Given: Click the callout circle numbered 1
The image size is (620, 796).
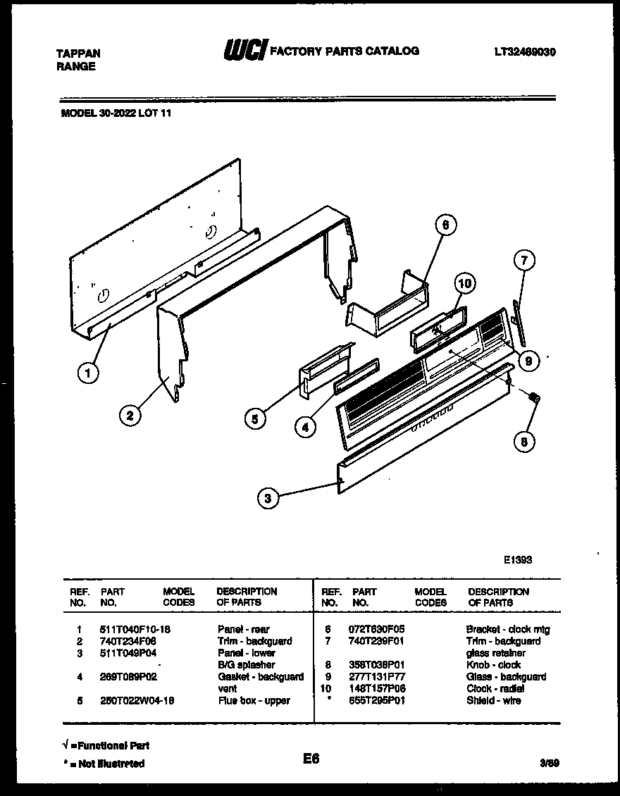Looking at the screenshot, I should (x=88, y=375).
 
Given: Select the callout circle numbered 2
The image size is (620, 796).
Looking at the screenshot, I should (x=128, y=416).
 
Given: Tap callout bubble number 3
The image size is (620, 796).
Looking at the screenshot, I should (x=267, y=499).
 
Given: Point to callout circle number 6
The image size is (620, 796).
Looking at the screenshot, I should (x=444, y=225).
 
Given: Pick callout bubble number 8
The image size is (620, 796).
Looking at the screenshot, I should (x=523, y=442).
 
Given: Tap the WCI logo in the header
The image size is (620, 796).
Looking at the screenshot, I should (x=244, y=51).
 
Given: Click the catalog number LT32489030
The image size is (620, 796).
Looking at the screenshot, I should (x=525, y=52).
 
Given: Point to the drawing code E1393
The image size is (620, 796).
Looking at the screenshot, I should (x=517, y=561).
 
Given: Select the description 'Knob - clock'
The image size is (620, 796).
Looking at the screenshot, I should (x=493, y=665).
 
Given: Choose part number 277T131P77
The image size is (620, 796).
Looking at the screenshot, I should (x=378, y=677).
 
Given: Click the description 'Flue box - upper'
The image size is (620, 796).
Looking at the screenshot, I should (x=254, y=701).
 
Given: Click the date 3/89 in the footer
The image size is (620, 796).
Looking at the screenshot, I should (x=551, y=763).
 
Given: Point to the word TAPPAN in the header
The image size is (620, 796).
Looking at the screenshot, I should (x=77, y=54).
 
